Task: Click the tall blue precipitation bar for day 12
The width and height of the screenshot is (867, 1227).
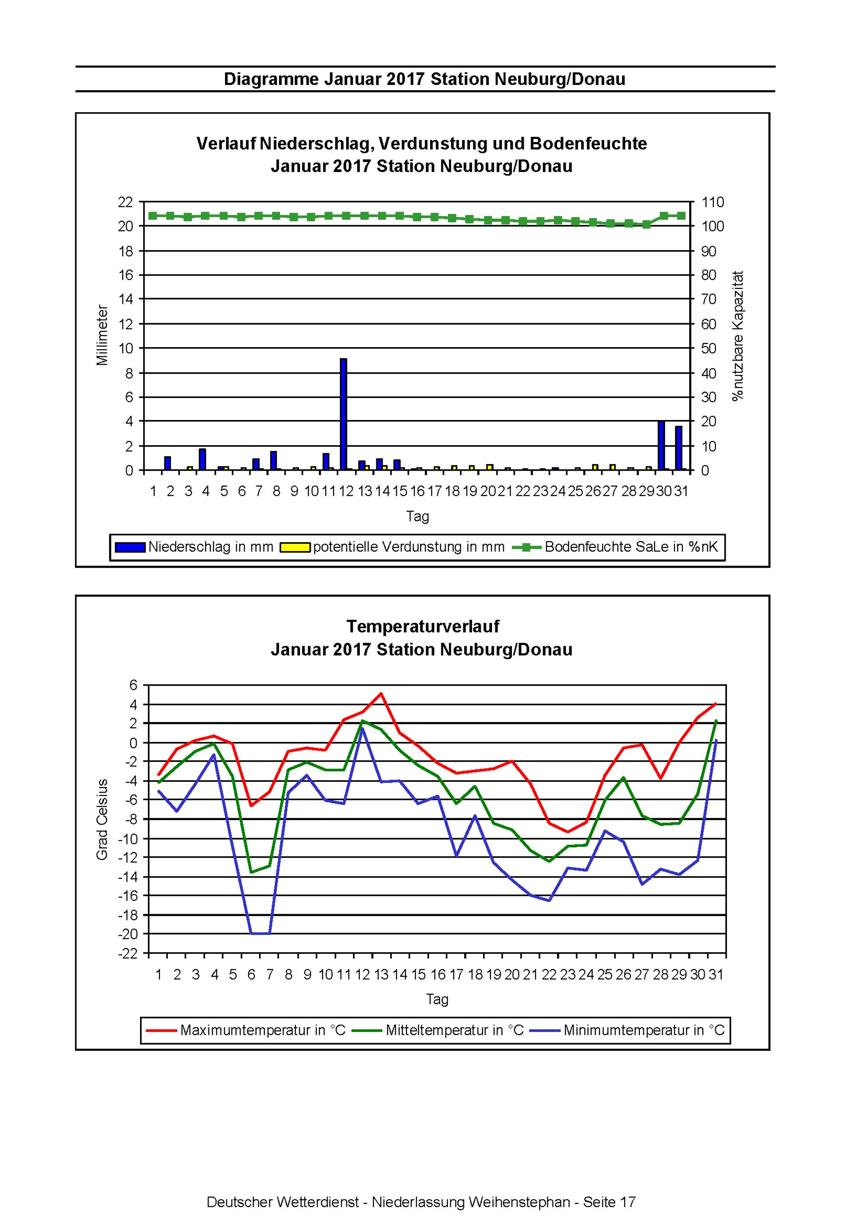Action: pyautogui.click(x=343, y=414)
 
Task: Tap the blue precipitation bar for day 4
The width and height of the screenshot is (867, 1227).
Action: pyautogui.click(x=202, y=459)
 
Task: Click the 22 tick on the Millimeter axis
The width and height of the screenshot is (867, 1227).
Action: pyautogui.click(x=125, y=202)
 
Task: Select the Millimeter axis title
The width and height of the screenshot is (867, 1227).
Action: pyautogui.click(x=102, y=335)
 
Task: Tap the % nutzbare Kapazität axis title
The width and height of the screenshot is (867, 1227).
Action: pyautogui.click(x=738, y=335)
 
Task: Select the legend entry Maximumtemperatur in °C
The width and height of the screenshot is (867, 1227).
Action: pyautogui.click(x=263, y=1030)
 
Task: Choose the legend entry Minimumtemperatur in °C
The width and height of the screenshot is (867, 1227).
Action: pyautogui.click(x=644, y=1030)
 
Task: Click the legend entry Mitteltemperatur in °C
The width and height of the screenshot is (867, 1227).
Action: pyautogui.click(x=455, y=1030)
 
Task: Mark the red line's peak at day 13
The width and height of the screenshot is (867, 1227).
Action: pyautogui.click(x=381, y=693)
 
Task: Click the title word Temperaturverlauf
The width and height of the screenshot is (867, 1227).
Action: pyautogui.click(x=422, y=626)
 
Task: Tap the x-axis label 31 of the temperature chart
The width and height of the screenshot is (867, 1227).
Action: pyautogui.click(x=716, y=975)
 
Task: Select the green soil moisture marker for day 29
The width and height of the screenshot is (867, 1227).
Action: pyautogui.click(x=646, y=225)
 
